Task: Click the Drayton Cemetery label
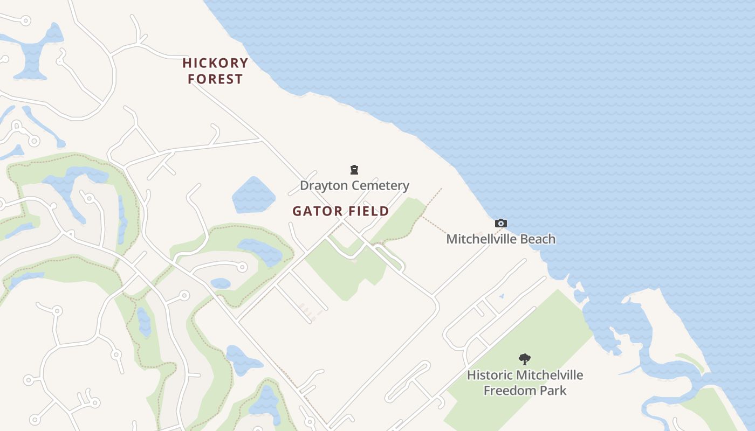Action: pyautogui.click(x=354, y=186)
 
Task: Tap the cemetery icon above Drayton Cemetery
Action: pyautogui.click(x=354, y=170)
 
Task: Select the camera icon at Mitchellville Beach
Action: pyautogui.click(x=501, y=223)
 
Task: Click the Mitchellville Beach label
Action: pyautogui.click(x=500, y=239)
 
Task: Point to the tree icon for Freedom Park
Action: pyautogui.click(x=524, y=359)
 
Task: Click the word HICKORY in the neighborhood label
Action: pyautogui.click(x=215, y=63)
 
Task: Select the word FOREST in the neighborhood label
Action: pyautogui.click(x=215, y=79)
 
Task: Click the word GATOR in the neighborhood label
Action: pyautogui.click(x=315, y=211)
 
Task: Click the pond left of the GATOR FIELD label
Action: pyautogui.click(x=253, y=195)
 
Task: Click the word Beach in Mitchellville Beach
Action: pyautogui.click(x=537, y=239)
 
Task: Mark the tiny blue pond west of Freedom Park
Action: pyautogui.click(x=502, y=296)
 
